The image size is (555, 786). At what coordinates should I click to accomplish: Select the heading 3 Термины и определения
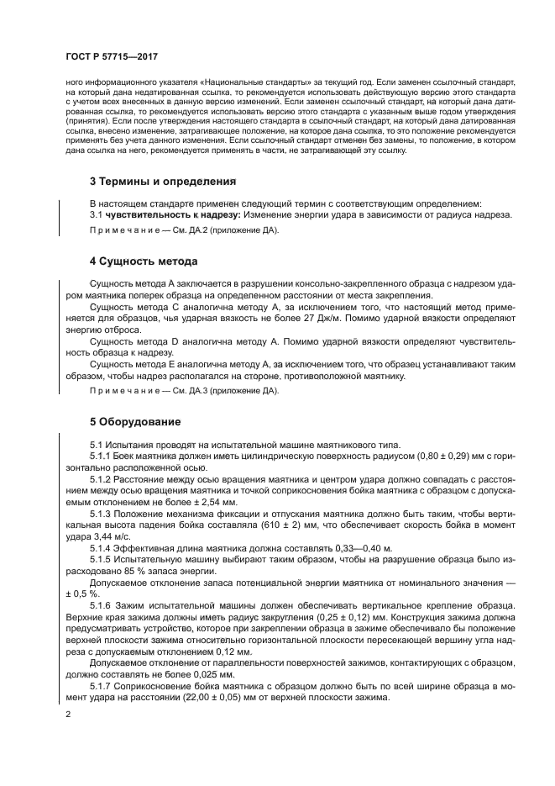(162, 181)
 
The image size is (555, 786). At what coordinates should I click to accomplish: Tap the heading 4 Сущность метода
(144, 261)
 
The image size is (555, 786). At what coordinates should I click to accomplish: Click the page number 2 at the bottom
(68, 714)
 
